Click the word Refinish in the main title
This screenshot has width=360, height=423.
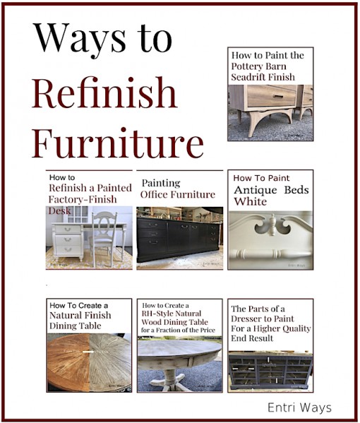coord(104,93)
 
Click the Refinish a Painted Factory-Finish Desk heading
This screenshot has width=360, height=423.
coord(90,190)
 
